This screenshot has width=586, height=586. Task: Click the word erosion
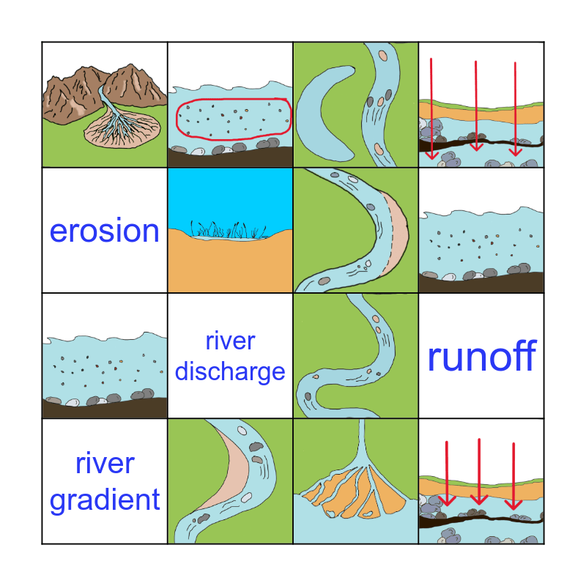104,231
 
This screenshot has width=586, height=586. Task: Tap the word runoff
481,357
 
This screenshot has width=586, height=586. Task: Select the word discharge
230,371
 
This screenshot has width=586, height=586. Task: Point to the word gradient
104,500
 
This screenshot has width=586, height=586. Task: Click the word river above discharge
230,341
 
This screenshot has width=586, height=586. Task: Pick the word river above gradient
104,464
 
